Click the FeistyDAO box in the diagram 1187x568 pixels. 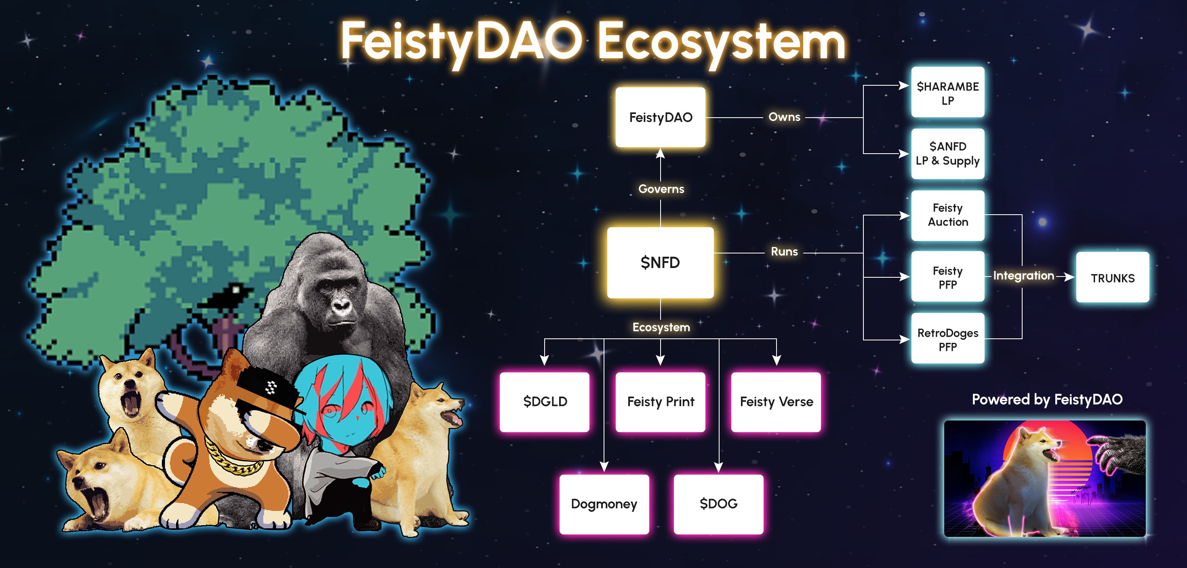(x=660, y=117)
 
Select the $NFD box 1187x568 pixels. (x=660, y=262)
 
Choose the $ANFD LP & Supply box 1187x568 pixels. (x=947, y=154)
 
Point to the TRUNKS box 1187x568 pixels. (x=1112, y=278)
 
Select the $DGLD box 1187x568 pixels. (x=545, y=401)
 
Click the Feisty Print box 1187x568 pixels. (x=660, y=401)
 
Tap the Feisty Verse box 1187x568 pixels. (x=776, y=401)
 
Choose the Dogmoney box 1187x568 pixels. (x=604, y=504)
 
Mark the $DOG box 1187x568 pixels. (x=718, y=504)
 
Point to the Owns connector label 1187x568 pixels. (x=784, y=117)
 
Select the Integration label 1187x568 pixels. (x=1023, y=276)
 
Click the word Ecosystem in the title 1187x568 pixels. (x=721, y=42)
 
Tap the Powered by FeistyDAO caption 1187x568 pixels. (x=1047, y=399)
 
